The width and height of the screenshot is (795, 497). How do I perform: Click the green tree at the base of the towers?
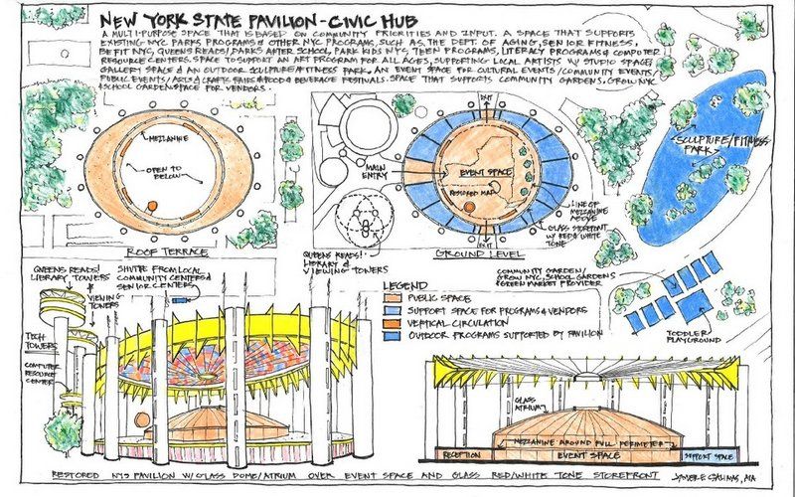62,429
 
